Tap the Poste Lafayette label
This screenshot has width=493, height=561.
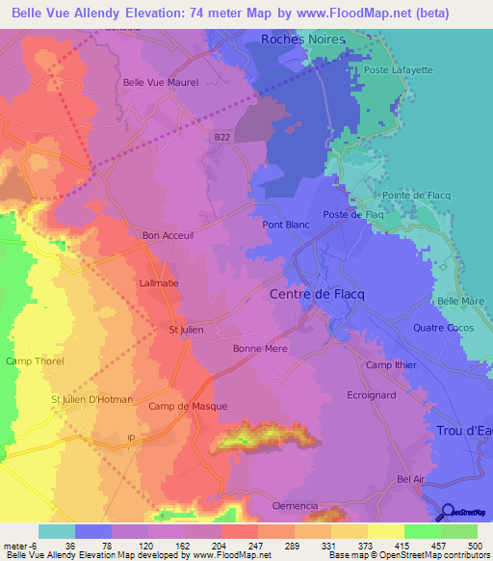pyautogui.click(x=393, y=69)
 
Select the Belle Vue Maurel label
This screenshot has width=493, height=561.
pyautogui.click(x=160, y=83)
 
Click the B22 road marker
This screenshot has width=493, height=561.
pyautogui.click(x=221, y=139)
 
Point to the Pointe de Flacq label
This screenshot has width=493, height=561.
pyautogui.click(x=417, y=196)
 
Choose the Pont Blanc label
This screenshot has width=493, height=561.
pyautogui.click(x=286, y=225)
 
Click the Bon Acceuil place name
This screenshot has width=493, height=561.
pyautogui.click(x=168, y=235)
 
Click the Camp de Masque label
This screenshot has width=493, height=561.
pyautogui.click(x=188, y=406)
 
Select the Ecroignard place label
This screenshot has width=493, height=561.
pyautogui.click(x=372, y=395)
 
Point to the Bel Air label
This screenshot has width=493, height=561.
pyautogui.click(x=411, y=479)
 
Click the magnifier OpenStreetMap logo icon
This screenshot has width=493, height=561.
pyautogui.click(x=448, y=513)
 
